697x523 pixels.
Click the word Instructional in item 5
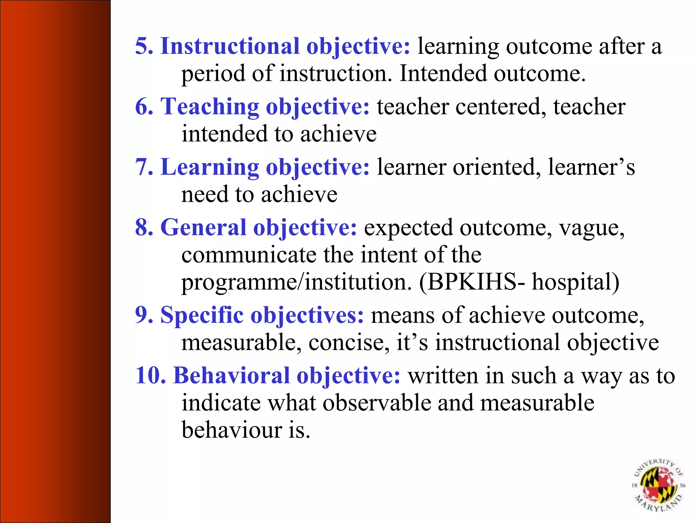[230, 46]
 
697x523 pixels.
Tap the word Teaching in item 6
[209, 107]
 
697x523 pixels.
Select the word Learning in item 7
[209, 167]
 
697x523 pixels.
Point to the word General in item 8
[203, 227]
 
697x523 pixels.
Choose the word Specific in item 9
[201, 315]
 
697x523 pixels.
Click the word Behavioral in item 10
[231, 376]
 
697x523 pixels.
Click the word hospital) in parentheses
[576, 282]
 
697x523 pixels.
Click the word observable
[376, 403]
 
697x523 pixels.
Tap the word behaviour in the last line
[231, 430]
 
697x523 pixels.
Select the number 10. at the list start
[150, 376]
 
